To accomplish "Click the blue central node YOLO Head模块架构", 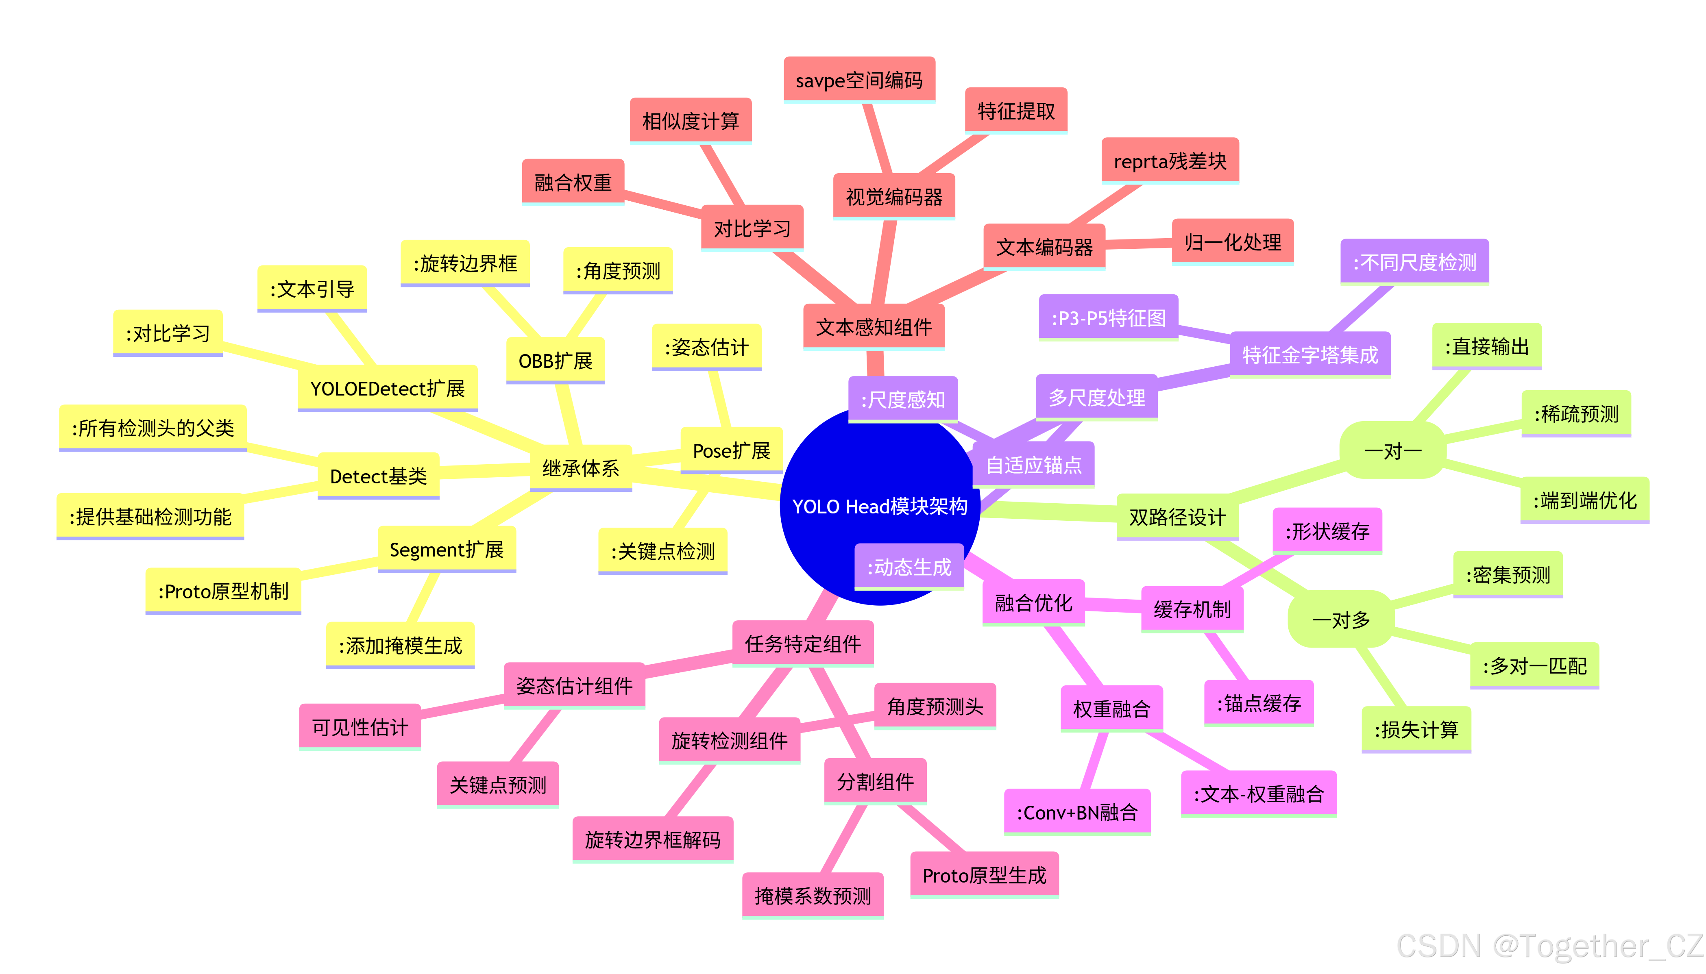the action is click(879, 507).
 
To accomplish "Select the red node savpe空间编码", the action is click(859, 80).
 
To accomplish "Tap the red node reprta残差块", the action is click(1170, 161).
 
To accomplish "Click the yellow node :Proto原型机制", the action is click(223, 591).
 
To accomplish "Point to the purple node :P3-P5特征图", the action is click(1108, 318).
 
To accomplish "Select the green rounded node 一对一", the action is click(1392, 451).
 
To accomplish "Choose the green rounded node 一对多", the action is click(1341, 620).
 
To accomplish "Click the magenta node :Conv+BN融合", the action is click(1076, 813).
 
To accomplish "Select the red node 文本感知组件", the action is click(873, 327).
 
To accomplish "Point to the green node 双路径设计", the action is click(1177, 517).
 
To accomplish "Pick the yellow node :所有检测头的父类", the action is click(153, 428).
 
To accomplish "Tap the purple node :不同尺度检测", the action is click(1414, 262).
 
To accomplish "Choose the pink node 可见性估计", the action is click(360, 727).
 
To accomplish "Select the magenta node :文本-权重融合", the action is click(1258, 794).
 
